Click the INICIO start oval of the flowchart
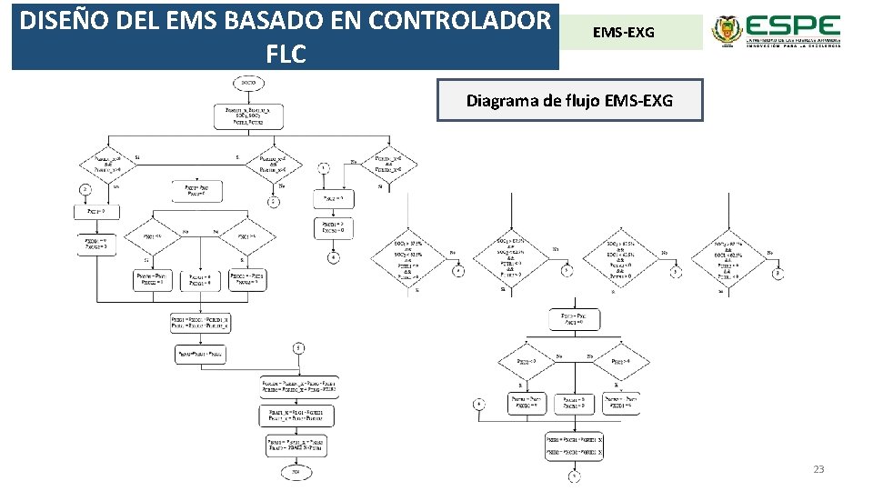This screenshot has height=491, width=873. click(248, 84)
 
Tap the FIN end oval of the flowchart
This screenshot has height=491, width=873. click(296, 472)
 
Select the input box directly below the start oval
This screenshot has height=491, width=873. click(248, 116)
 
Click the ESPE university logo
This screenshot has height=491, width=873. click(775, 33)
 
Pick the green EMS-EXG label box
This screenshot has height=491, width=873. click(624, 33)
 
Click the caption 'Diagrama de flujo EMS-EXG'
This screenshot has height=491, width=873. click(570, 100)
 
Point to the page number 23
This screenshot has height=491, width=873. click(818, 469)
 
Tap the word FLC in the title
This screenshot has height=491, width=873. click(286, 55)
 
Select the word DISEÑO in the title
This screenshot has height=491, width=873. click(62, 20)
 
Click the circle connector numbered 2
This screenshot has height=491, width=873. click(85, 189)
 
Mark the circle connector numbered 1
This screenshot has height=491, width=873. click(323, 168)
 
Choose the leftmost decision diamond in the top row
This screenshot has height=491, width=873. click(107, 164)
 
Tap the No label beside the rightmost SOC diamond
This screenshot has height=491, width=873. click(769, 252)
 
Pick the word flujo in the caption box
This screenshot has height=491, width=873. click(579, 100)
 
